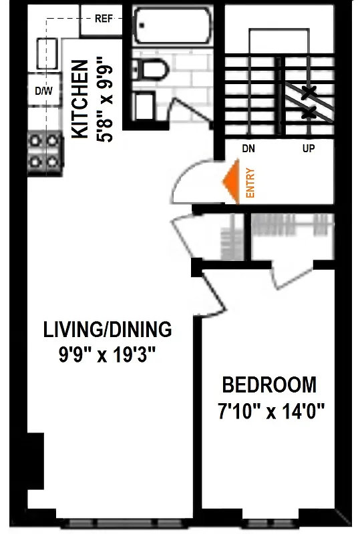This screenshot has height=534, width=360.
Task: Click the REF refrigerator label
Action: [x=102, y=19]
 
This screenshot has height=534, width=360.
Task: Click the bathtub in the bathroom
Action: [x=172, y=25]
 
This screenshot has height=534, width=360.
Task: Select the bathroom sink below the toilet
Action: [x=144, y=105]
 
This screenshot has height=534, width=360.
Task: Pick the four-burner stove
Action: [x=43, y=152]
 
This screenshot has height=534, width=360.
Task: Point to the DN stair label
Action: [x=248, y=148]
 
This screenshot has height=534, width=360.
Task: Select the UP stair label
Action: [x=308, y=148]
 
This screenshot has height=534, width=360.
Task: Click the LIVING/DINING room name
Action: [x=108, y=330]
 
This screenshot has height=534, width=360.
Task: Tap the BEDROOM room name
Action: [x=269, y=385]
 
